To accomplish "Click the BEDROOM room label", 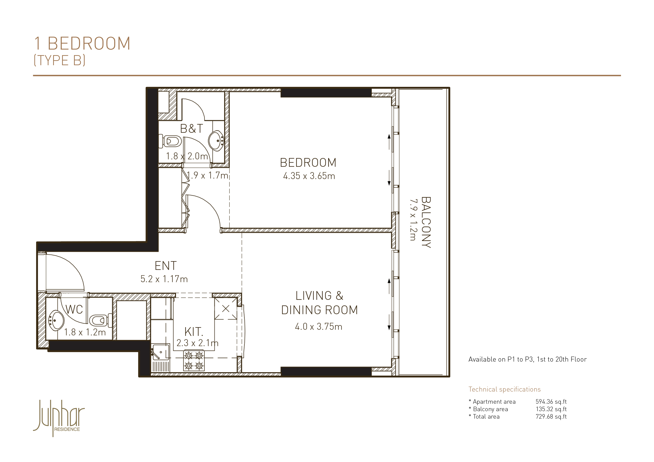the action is tap(308, 163).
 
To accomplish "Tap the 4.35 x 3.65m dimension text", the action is tap(309, 176).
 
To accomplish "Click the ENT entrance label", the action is tap(166, 266).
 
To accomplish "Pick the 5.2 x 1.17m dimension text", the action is tap(164, 279).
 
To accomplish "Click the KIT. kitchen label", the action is tap(194, 332).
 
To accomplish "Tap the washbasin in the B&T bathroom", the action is tap(216, 140).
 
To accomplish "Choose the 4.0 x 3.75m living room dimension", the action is tap(318, 327).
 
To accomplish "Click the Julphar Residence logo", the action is tap(59, 418).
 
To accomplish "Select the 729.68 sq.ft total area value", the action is tap(551, 417).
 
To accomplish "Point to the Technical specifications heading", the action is tap(504, 389).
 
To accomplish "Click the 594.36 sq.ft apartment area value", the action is tap(551, 402).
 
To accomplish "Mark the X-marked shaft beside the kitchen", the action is tap(226, 308).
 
